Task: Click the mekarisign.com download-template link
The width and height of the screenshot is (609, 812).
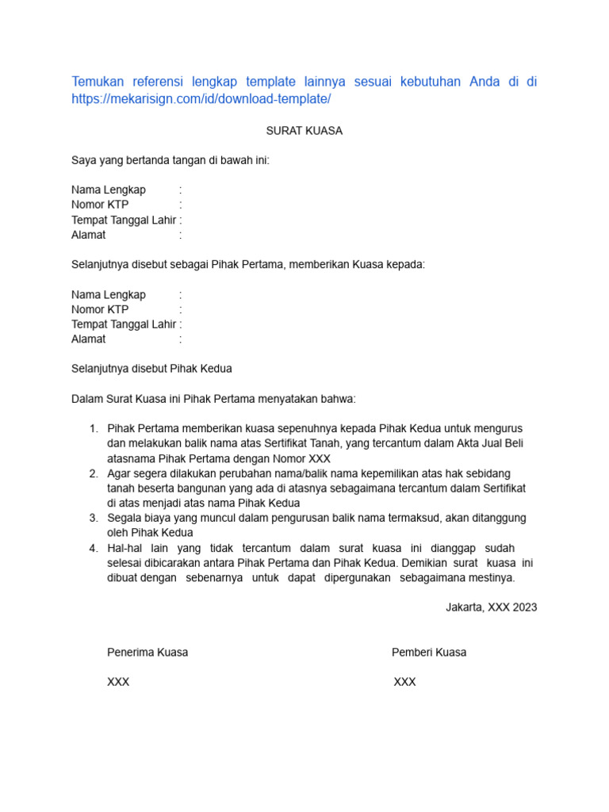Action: (201, 99)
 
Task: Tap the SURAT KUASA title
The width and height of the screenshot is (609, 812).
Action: (304, 131)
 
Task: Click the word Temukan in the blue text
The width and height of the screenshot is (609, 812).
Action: (99, 82)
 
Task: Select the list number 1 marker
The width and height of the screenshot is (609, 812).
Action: (94, 429)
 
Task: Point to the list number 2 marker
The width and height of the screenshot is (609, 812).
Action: (94, 473)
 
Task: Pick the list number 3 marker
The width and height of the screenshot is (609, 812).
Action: (94, 518)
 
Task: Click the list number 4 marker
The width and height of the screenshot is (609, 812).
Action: (94, 548)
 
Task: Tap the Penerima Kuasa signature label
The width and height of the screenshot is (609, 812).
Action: (147, 653)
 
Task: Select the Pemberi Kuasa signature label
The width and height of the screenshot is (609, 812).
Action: (429, 653)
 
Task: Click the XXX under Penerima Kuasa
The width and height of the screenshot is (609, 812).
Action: (118, 682)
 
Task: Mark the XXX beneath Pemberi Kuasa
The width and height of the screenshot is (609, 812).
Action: (404, 682)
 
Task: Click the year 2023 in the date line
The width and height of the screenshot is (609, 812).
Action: (524, 607)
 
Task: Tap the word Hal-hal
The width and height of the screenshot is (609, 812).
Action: (125, 548)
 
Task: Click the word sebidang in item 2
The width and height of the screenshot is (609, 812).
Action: (503, 473)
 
